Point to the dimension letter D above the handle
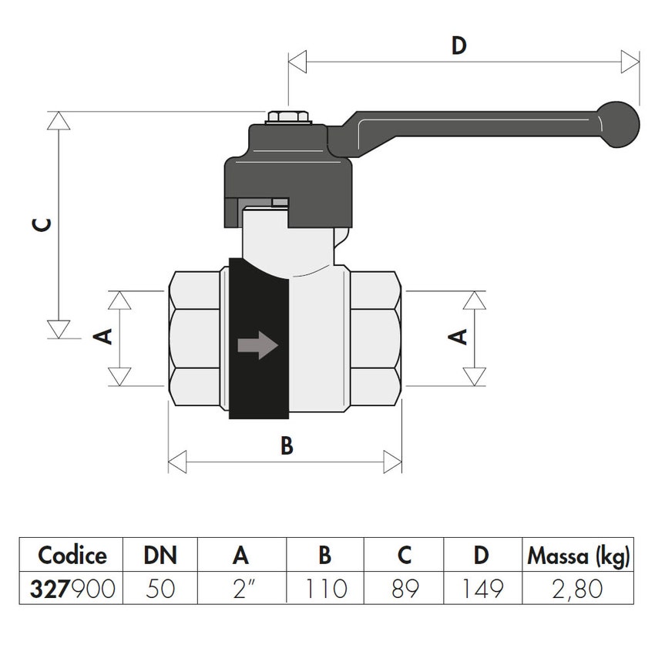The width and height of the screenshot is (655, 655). (x=459, y=46)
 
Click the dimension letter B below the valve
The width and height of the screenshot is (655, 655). (x=286, y=446)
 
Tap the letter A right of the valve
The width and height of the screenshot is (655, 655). (x=458, y=337)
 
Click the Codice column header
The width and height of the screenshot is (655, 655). (x=72, y=555)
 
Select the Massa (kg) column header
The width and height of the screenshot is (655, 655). (x=578, y=555)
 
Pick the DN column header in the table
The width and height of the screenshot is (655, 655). (x=160, y=555)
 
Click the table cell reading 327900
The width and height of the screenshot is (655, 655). (x=72, y=589)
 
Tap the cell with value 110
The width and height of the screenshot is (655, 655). (x=324, y=589)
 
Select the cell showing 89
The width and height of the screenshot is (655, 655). (x=405, y=589)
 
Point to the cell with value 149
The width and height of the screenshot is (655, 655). (x=482, y=589)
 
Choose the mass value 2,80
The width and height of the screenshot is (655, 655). (x=578, y=589)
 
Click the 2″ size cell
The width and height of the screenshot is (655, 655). (x=241, y=589)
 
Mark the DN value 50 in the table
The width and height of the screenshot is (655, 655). (x=160, y=589)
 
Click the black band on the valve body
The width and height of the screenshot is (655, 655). (x=258, y=385)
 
